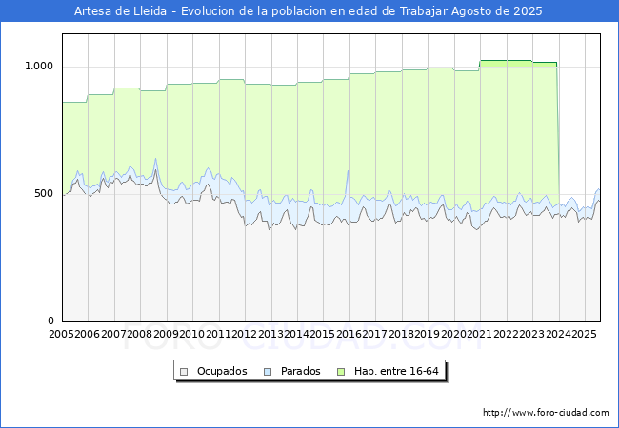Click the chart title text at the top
point(309,11)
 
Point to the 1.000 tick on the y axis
point(42,66)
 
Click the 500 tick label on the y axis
point(46,193)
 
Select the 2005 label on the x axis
point(61,335)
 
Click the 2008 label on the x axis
point(139,335)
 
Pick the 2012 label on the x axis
point(243,335)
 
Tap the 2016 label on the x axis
point(348,335)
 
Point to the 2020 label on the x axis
point(452,335)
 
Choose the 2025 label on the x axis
point(583,335)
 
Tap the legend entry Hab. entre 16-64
point(399,371)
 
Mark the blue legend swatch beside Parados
point(269,371)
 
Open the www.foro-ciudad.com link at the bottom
point(546,413)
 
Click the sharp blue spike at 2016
point(348,172)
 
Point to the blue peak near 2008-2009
point(155,160)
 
